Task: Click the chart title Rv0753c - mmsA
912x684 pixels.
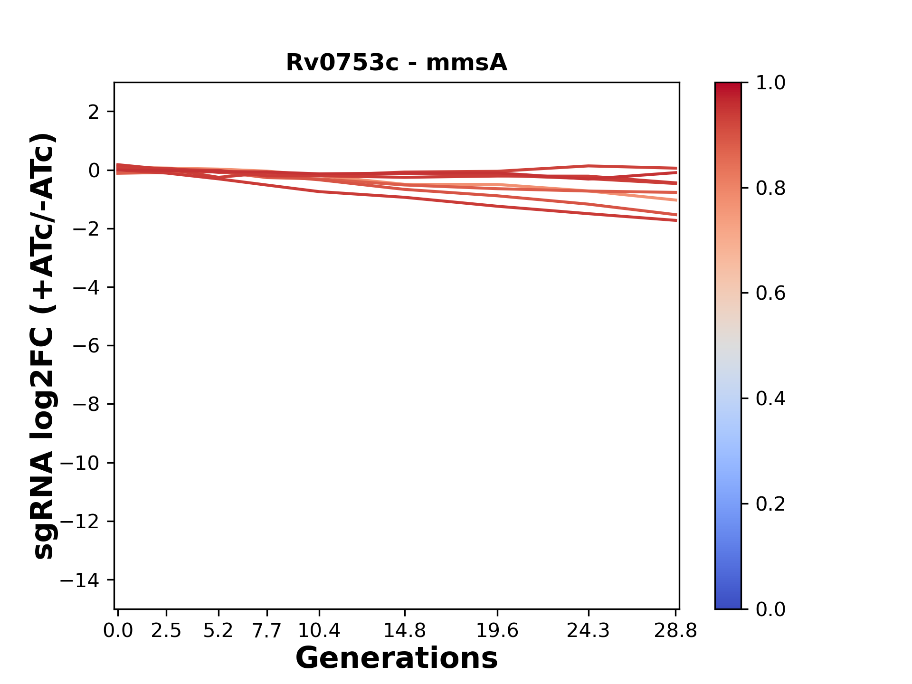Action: pos(396,63)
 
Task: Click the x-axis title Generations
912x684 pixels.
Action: pos(396,658)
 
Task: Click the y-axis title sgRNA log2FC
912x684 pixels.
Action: pos(44,346)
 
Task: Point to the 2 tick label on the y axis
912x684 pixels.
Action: pos(94,112)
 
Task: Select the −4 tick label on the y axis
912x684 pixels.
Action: pos(86,287)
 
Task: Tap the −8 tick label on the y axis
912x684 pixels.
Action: pos(86,404)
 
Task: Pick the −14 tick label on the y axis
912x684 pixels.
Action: pos(80,580)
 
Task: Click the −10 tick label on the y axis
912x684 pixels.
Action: pos(80,463)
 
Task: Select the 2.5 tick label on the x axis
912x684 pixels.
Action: pos(166,631)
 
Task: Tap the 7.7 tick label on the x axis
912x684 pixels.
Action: pos(266,631)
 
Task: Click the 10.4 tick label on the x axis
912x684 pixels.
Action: pos(319,631)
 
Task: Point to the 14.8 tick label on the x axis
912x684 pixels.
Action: pos(405,631)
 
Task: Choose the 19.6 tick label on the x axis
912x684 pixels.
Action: pos(497,631)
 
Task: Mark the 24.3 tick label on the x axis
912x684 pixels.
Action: pos(589,631)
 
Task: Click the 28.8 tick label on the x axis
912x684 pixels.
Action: pos(675,631)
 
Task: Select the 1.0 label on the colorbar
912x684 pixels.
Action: pos(770,83)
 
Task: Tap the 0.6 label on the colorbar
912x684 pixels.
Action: pos(770,294)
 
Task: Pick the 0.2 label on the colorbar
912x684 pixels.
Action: pos(770,504)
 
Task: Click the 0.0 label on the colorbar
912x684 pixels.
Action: pos(770,609)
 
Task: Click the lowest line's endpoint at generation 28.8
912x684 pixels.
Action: pos(675,220)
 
